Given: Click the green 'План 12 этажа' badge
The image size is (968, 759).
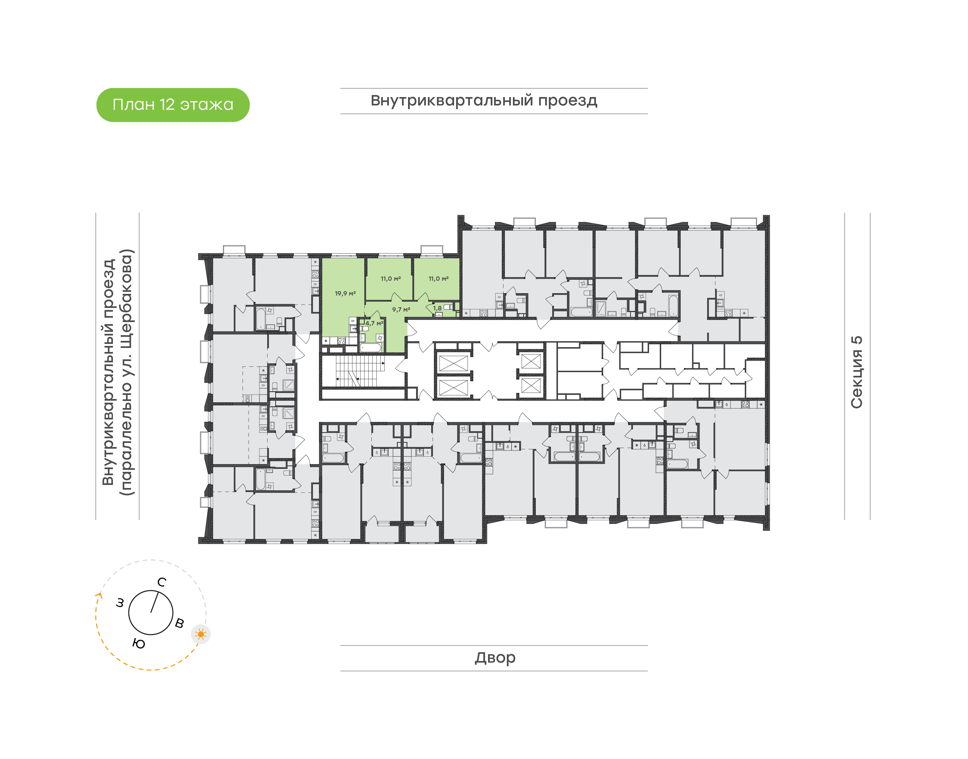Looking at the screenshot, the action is coord(173,105).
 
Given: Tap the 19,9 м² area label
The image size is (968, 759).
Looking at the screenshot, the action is coord(345,293).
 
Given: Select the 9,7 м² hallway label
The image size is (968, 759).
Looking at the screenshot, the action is coord(401,309).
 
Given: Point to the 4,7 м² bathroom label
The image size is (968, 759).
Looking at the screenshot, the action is coord(374,323).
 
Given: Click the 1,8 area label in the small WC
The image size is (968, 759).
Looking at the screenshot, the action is coord(438,308).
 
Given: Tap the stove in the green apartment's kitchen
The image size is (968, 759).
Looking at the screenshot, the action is coord(341,341).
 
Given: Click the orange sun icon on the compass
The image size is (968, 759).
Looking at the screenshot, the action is coord(201,634).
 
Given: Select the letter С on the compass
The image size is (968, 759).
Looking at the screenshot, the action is coord(162,582).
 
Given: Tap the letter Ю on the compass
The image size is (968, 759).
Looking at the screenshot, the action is coord(139,643).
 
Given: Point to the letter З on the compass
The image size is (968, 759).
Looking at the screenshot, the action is coord(120,603).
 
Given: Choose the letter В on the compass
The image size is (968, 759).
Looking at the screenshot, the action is coord(179,623).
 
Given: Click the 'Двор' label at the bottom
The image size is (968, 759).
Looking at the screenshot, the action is coord(495,658).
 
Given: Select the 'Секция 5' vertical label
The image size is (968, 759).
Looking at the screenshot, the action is coord(856,372).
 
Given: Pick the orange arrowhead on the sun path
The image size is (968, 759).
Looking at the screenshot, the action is coord(99,595).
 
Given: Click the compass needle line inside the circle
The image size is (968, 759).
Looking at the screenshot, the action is coord(154,602).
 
